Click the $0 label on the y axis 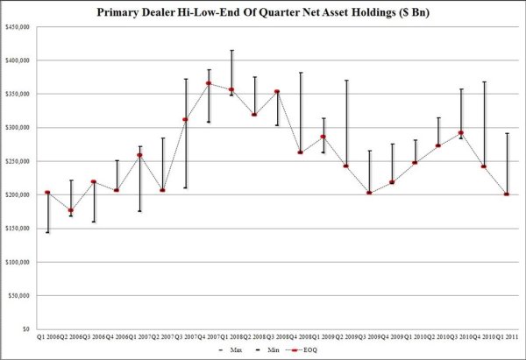[25, 329]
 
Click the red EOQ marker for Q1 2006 [47, 193]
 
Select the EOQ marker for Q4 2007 [209, 83]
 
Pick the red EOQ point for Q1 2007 [139, 155]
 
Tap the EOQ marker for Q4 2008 [301, 152]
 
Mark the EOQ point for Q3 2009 [369, 193]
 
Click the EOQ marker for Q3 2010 [461, 133]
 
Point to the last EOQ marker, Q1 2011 [507, 194]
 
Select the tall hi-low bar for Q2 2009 [346, 123]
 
